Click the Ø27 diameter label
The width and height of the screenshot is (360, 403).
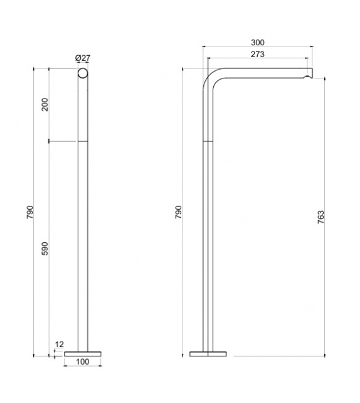pyautogui.click(x=83, y=58)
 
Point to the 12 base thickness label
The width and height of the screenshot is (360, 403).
pyautogui.click(x=60, y=345)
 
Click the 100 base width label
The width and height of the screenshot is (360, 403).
pyautogui.click(x=83, y=362)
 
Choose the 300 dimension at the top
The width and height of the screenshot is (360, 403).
pyautogui.click(x=258, y=43)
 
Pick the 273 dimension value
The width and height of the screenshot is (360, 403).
pyautogui.click(x=258, y=55)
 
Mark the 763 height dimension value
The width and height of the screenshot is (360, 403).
pyautogui.click(x=320, y=217)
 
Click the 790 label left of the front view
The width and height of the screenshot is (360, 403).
pyautogui.click(x=29, y=212)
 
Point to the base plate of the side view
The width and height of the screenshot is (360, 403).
pyautogui.click(x=207, y=354)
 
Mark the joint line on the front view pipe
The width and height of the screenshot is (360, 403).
pyautogui.click(x=83, y=141)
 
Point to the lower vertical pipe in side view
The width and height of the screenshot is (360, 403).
pyautogui.click(x=207, y=251)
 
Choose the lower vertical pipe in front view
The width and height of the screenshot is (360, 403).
pyautogui.click(x=83, y=251)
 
